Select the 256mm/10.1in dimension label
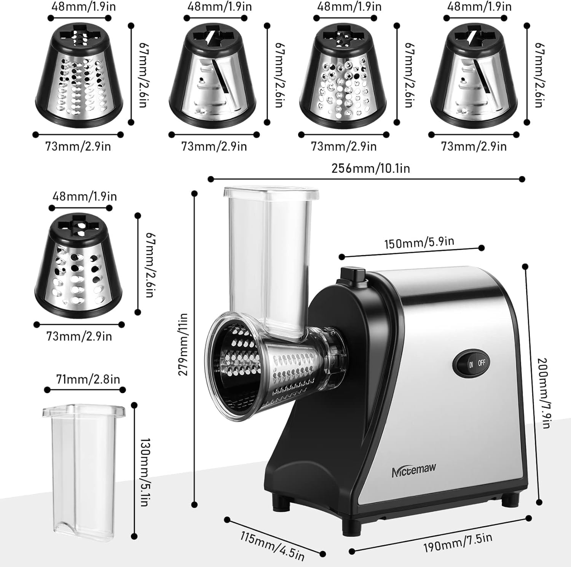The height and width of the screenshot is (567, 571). [370, 168]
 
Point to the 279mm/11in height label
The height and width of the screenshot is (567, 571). [183, 344]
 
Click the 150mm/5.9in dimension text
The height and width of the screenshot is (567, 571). [419, 242]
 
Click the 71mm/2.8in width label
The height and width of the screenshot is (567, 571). [88, 379]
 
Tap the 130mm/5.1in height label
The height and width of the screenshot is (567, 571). [144, 472]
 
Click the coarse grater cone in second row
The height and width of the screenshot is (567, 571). [78, 265]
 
